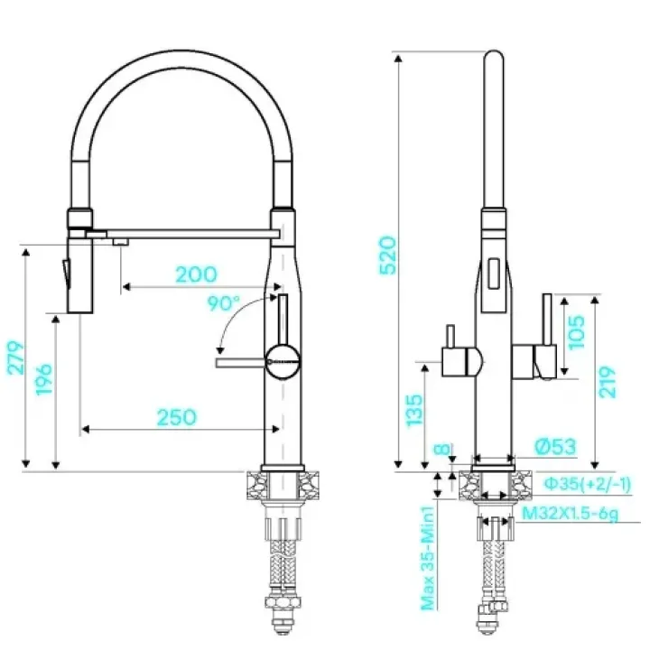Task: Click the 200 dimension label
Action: coord(196,274)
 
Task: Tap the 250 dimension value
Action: coord(177,417)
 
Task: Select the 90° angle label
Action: coord(224,303)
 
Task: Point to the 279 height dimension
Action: coord(15,358)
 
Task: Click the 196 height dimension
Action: coord(44,380)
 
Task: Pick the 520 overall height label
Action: coord(388,255)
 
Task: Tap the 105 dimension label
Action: coord(576,332)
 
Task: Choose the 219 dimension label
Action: coord(608,382)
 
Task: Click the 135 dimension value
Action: coord(414,411)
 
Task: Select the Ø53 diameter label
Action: coord(555,447)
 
